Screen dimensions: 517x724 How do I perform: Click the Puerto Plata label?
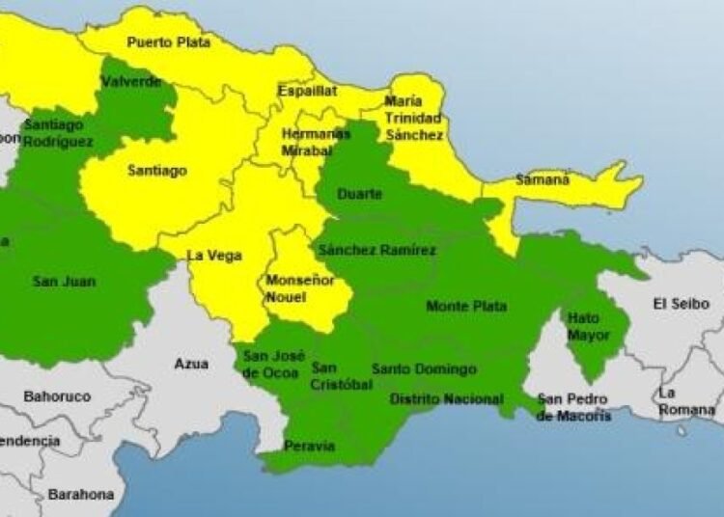pyautogui.click(x=168, y=42)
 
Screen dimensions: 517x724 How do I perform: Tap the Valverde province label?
pyautogui.click(x=131, y=82)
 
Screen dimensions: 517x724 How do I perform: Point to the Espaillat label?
pyautogui.click(x=307, y=91)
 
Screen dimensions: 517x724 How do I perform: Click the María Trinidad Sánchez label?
pyautogui.click(x=414, y=118)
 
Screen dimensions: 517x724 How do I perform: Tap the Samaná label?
pyautogui.click(x=543, y=179)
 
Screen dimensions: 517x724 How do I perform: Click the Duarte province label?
pyautogui.click(x=359, y=195)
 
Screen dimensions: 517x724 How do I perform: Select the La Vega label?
pyautogui.click(x=213, y=256)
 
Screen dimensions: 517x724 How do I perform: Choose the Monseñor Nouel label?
pyautogui.click(x=299, y=288)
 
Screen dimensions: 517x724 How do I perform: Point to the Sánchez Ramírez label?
pyautogui.click(x=376, y=251)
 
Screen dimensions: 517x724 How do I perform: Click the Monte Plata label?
pyautogui.click(x=466, y=307)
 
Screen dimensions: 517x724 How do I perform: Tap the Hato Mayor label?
pyautogui.click(x=589, y=326)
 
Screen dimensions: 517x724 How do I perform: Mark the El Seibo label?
pyautogui.click(x=681, y=304)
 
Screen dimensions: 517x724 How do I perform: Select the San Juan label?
pyautogui.click(x=58, y=282)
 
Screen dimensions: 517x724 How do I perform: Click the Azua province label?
pyautogui.click(x=190, y=364)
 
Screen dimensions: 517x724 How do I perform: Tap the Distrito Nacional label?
pyautogui.click(x=445, y=399)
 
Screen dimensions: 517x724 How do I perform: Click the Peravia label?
pyautogui.click(x=309, y=446)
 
